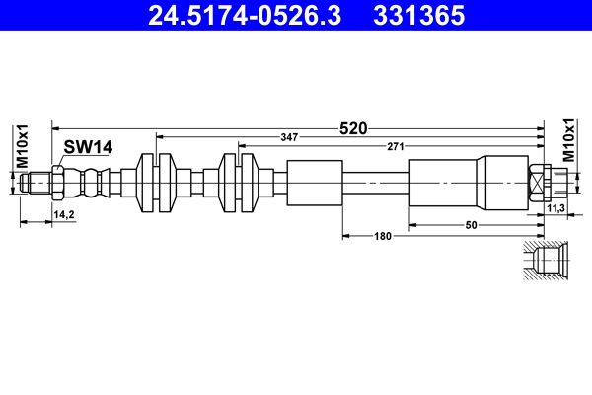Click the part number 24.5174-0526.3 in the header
245,15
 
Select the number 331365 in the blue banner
418,15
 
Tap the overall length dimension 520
353,129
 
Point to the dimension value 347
289,137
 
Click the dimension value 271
396,147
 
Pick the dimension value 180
383,237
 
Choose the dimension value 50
471,225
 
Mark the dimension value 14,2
64,214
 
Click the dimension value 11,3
555,208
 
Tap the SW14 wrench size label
88,147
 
